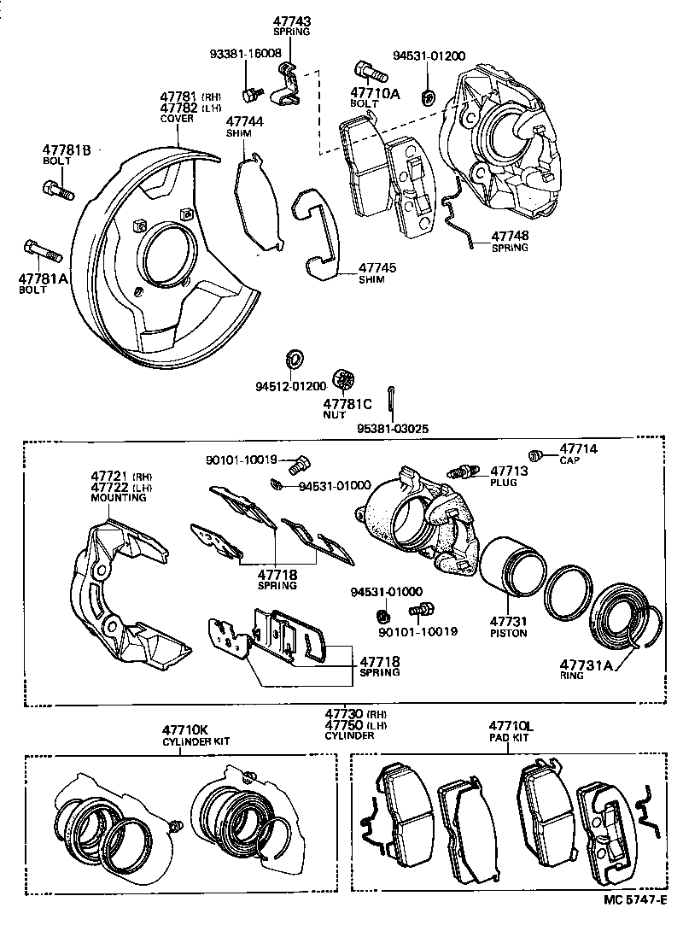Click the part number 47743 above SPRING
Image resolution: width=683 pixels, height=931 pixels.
[291, 20]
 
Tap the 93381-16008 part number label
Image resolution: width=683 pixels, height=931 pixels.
[245, 53]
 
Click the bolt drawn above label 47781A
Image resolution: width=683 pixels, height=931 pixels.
[42, 252]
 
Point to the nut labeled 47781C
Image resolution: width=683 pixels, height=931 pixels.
[345, 378]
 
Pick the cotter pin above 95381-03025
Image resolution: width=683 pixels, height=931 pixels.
[392, 399]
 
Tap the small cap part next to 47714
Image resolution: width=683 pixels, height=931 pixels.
[537, 454]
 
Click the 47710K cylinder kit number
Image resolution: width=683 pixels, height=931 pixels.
[185, 730]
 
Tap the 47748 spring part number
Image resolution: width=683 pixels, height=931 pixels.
[510, 236]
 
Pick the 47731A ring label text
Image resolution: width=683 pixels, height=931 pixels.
[586, 664]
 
